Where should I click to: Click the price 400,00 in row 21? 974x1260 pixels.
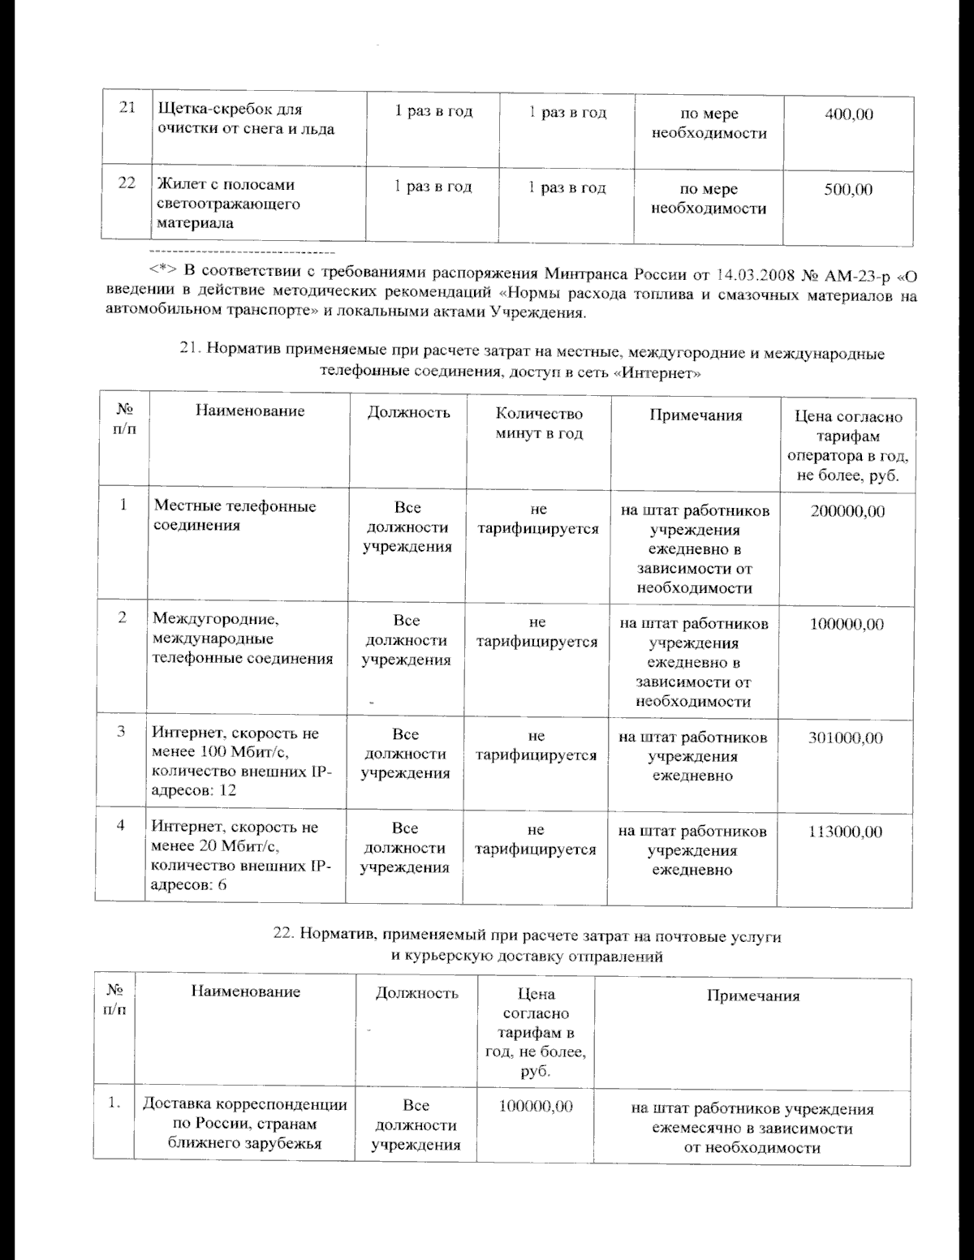tap(848, 114)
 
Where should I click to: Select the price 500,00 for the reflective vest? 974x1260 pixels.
tap(848, 190)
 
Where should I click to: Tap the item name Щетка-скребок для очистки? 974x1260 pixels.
tap(244, 119)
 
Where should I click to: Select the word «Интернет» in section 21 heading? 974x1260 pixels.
tap(659, 373)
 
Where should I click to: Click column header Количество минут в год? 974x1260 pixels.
tap(539, 424)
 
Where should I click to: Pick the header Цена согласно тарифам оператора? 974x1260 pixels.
tap(848, 445)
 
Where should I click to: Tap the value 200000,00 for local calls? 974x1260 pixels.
tap(847, 511)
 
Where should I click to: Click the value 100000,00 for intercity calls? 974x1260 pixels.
tap(847, 625)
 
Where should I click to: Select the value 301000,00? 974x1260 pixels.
tap(845, 738)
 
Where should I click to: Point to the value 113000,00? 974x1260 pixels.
tap(845, 832)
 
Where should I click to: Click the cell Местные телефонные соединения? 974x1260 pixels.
tap(235, 516)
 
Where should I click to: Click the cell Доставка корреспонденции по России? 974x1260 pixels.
tap(245, 1125)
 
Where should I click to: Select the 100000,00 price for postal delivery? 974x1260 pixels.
tap(536, 1107)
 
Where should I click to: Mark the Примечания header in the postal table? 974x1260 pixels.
tap(752, 996)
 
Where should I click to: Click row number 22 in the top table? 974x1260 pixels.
tap(126, 183)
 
